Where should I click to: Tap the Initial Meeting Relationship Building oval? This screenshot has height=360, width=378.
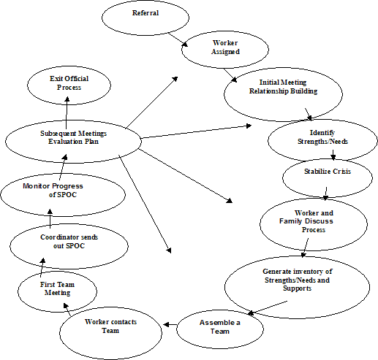coord(282,88)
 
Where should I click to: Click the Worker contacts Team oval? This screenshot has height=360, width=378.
coord(111,326)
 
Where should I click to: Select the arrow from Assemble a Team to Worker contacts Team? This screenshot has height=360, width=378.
coord(167,322)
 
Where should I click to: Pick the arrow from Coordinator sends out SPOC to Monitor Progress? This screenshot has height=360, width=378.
coord(50,219)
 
